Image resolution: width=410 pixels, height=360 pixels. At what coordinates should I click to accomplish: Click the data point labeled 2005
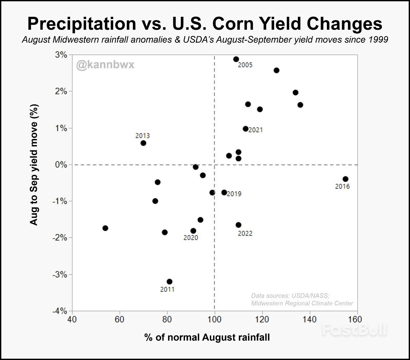point(236,59)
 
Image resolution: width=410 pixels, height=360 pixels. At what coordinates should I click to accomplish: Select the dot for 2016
point(345,179)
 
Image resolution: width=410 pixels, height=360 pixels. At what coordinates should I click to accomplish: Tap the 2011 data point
point(169,281)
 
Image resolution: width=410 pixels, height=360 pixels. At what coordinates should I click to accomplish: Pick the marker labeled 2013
point(143,143)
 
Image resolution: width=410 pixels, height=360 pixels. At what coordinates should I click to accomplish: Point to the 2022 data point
point(238,225)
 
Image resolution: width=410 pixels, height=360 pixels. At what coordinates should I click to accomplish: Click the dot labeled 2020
point(193,231)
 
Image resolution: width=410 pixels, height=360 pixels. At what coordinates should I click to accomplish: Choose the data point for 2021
point(245,129)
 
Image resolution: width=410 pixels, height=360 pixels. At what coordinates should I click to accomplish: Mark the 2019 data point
point(224,192)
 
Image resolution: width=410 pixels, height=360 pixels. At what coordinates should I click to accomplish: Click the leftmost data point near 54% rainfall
point(105,228)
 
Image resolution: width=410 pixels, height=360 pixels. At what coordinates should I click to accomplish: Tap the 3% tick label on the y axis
point(61,55)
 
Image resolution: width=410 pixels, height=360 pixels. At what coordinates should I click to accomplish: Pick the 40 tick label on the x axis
point(72,320)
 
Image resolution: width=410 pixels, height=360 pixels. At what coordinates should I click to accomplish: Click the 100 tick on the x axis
point(214,320)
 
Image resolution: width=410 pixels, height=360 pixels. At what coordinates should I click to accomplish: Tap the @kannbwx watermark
point(105,65)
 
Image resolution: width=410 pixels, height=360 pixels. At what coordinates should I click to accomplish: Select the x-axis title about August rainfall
point(207,337)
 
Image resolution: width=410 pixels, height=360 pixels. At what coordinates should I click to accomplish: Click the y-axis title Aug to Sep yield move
point(34,165)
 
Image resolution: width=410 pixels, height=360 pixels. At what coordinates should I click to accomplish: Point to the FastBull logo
point(354,330)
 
